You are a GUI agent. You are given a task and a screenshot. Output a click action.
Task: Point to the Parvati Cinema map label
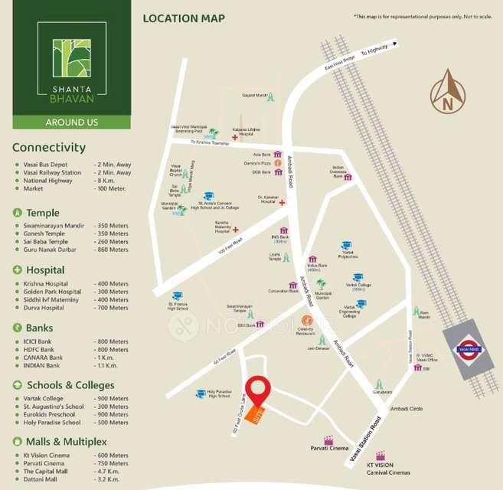[329, 447]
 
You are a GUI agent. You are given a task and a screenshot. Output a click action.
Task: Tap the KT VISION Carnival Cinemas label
[388, 468]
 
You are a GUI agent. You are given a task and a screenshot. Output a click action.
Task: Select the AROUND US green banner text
[70, 122]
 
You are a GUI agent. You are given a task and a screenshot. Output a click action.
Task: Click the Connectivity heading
[49, 148]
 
